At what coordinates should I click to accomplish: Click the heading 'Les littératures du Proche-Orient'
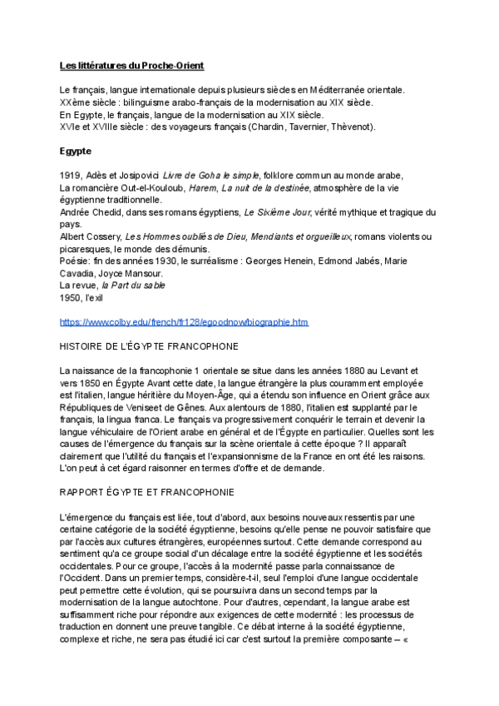coord(131,65)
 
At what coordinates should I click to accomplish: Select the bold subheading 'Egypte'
coord(75,151)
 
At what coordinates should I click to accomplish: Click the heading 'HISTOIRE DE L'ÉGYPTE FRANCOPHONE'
coord(150,346)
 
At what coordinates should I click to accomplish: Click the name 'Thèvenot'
coord(352,127)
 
